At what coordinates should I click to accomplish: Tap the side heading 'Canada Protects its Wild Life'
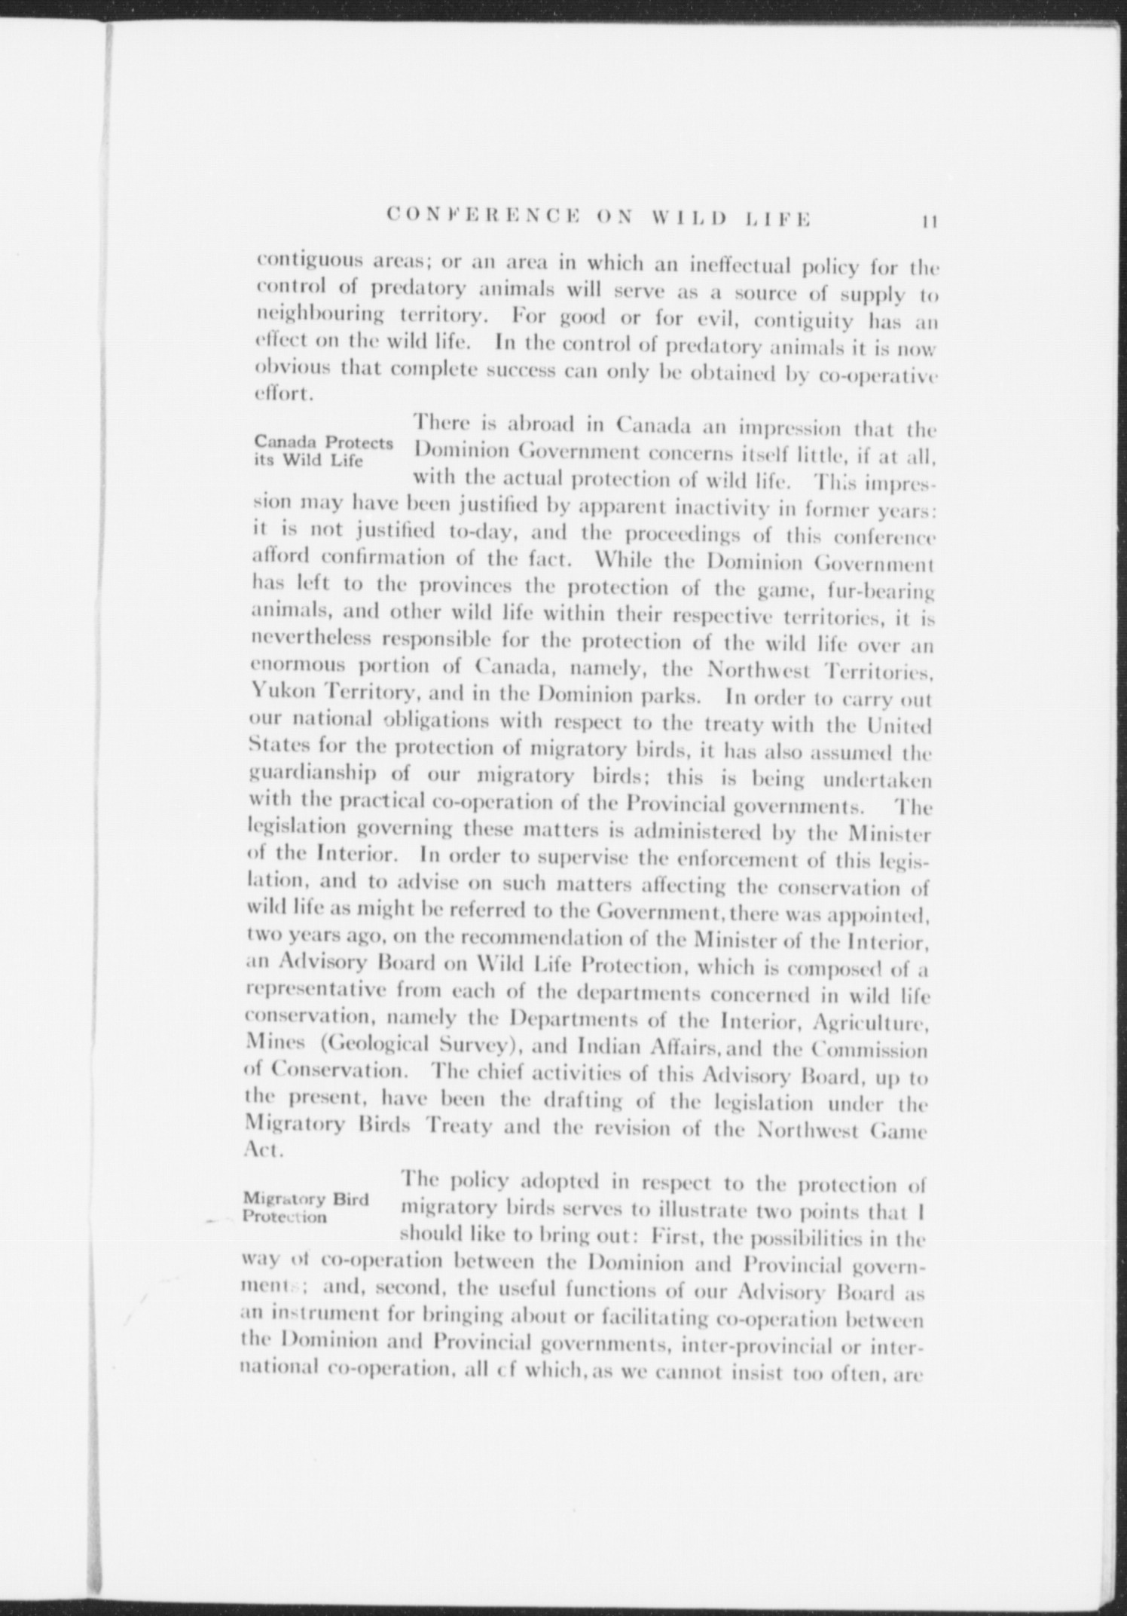pos(322,451)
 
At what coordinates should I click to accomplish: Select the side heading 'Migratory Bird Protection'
pos(305,1207)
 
